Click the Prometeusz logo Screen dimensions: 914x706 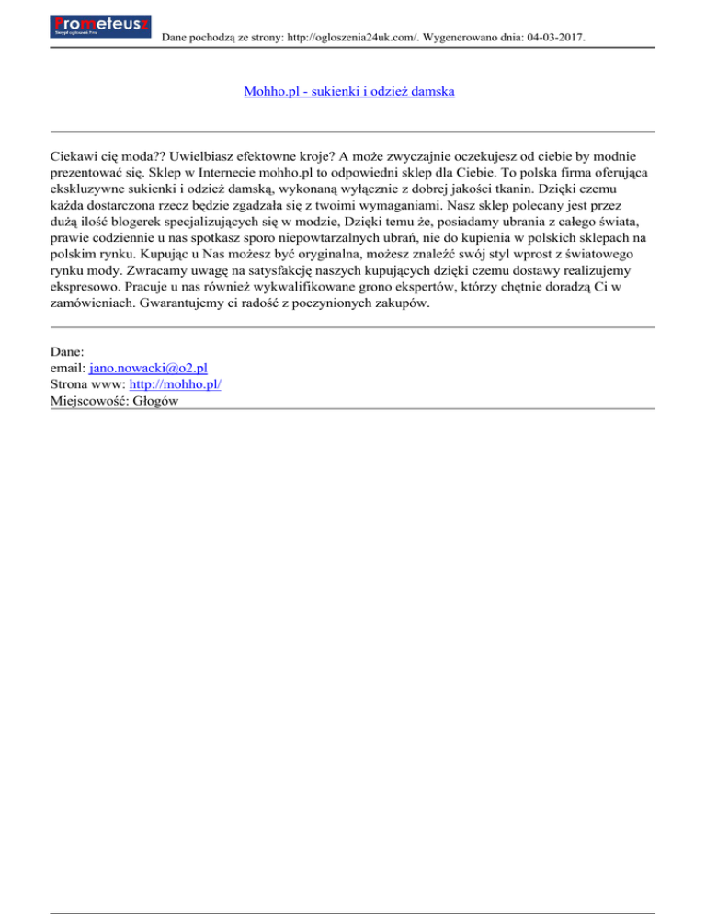[101, 25]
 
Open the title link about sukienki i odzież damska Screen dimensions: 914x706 [349, 92]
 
